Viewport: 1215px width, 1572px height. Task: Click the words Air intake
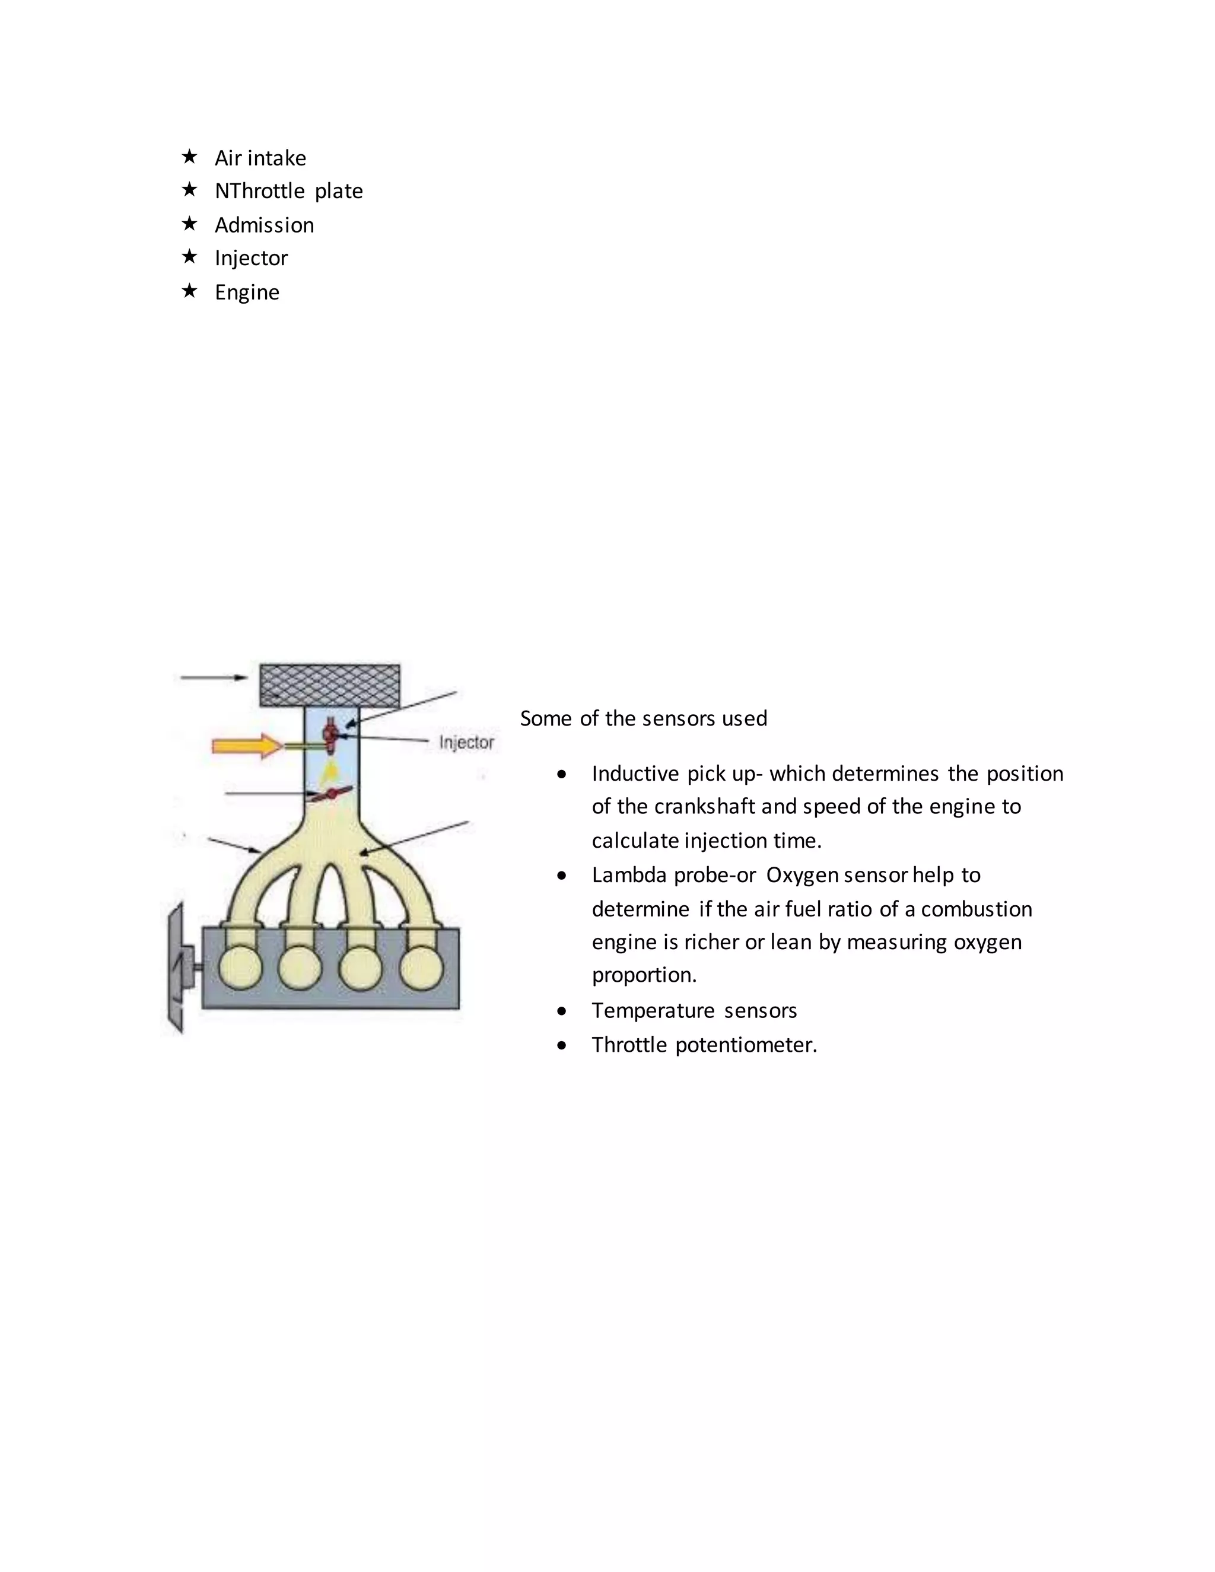260,158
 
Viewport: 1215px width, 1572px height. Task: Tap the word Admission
264,225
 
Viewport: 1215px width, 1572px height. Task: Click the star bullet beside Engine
189,291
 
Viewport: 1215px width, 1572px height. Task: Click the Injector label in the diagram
466,742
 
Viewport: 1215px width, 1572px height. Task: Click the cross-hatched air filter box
330,685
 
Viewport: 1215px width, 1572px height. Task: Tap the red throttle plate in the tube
330,794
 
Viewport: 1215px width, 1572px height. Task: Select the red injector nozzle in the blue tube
330,735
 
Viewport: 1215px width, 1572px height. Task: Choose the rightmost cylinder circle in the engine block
421,968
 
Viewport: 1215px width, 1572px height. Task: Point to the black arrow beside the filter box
214,677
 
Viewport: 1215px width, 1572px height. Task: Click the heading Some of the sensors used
644,718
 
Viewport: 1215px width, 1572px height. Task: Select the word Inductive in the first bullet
635,774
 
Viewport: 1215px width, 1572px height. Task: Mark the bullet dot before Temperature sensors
561,1011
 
